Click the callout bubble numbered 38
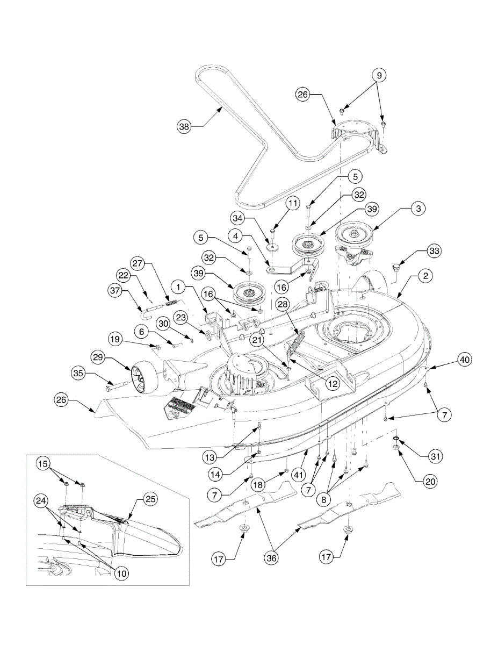[184, 127]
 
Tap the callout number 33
[434, 250]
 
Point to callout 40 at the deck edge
[465, 360]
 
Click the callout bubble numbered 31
[436, 456]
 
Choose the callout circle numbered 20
[430, 482]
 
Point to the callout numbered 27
[137, 264]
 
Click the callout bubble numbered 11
[292, 204]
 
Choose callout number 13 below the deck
[210, 457]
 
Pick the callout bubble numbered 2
[425, 276]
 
